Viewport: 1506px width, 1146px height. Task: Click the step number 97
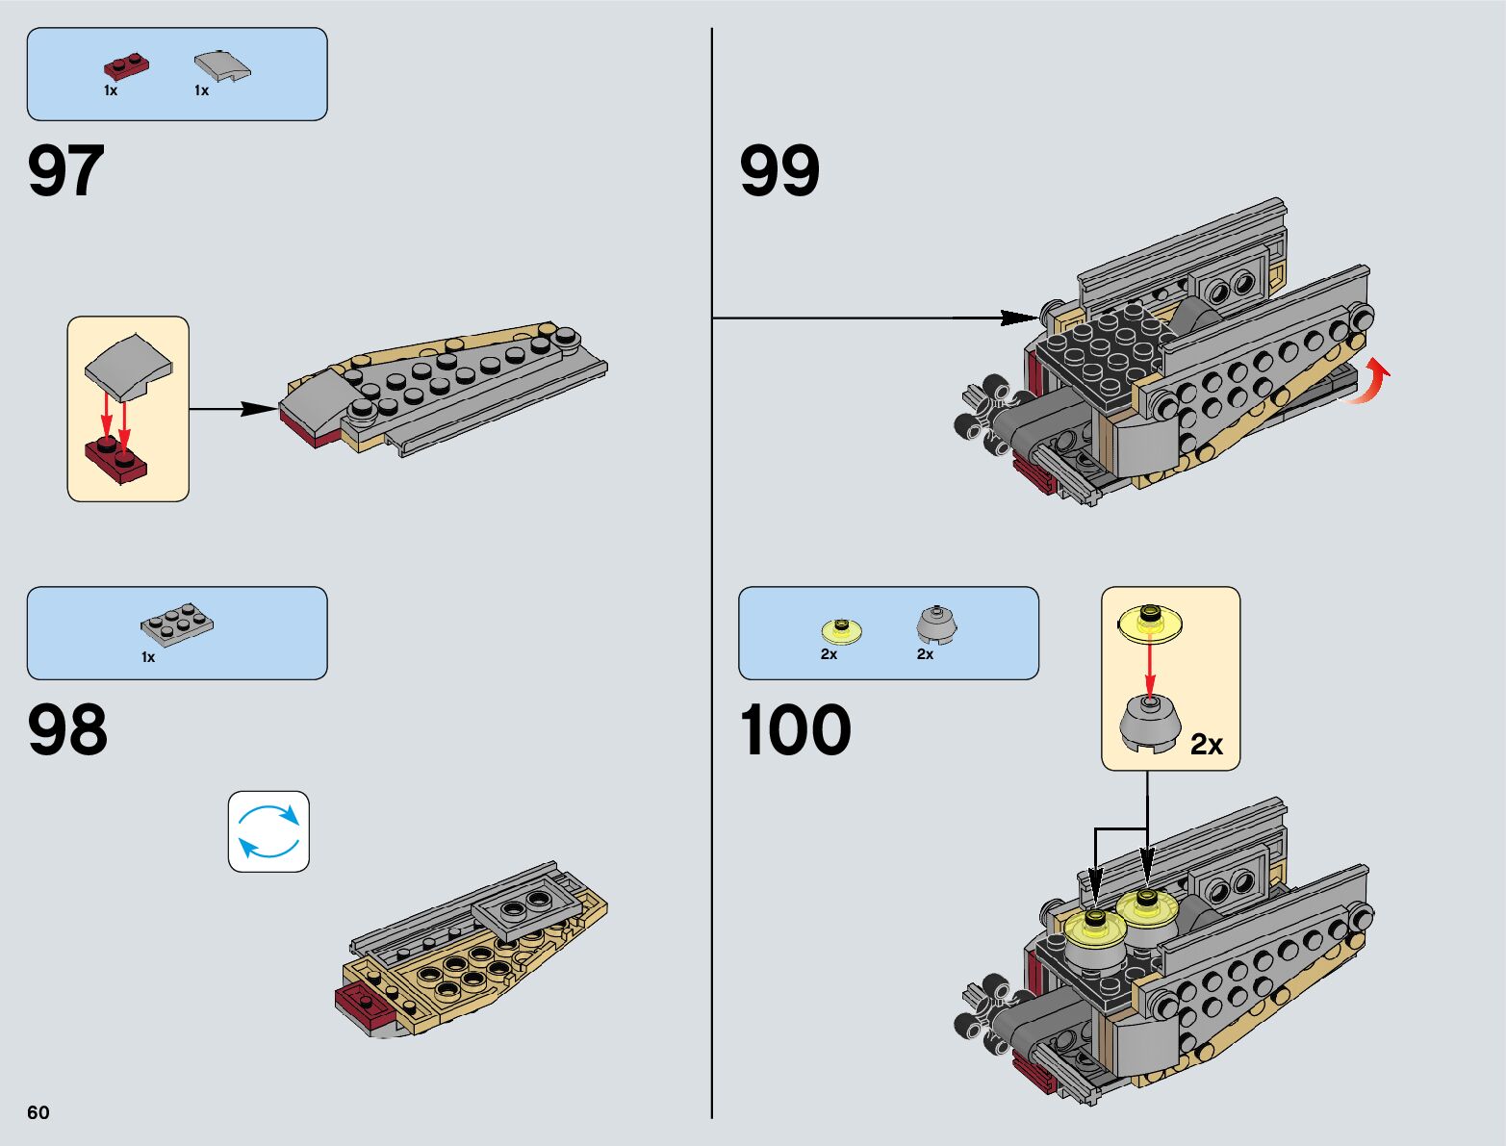coord(65,171)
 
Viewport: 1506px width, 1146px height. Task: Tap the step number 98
coord(67,729)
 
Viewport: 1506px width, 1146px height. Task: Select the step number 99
coord(779,171)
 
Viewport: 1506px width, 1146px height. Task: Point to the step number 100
coord(795,729)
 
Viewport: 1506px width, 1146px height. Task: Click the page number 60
coord(38,1112)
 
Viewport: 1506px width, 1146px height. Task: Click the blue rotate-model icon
coord(268,831)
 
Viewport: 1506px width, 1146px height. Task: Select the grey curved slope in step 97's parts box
coord(222,65)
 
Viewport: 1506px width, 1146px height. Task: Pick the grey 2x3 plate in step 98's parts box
coord(177,624)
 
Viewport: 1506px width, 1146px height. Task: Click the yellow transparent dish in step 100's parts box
coord(841,630)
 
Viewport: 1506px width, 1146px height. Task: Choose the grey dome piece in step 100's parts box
coord(935,625)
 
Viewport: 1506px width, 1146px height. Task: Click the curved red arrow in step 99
coord(1371,382)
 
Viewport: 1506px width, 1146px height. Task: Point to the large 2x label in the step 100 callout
coord(1206,744)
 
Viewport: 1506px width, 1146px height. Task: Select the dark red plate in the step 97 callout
coord(116,459)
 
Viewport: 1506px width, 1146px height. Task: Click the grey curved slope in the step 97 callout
coord(128,366)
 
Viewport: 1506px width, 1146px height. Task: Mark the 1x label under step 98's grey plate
coord(148,657)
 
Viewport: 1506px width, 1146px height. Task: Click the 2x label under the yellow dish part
coord(829,654)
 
